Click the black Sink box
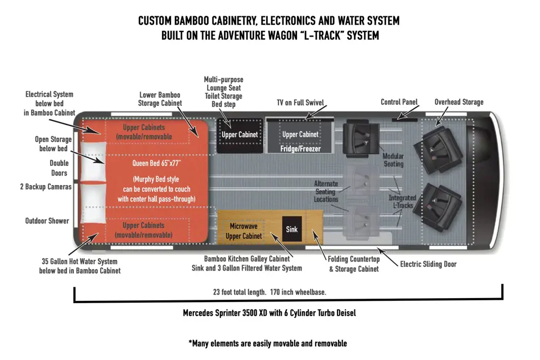[292, 229]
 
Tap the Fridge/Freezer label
[300, 149]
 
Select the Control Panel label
[399, 102]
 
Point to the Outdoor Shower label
[47, 221]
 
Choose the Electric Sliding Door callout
[428, 264]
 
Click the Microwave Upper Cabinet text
[244, 231]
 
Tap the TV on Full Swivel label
[300, 102]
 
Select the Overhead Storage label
[458, 102]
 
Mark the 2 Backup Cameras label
[46, 187]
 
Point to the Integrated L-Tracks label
[402, 201]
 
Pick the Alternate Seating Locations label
[326, 191]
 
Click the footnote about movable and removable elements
[268, 343]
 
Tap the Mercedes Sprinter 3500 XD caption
[269, 313]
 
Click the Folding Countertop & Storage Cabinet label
[353, 264]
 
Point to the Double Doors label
[59, 168]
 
